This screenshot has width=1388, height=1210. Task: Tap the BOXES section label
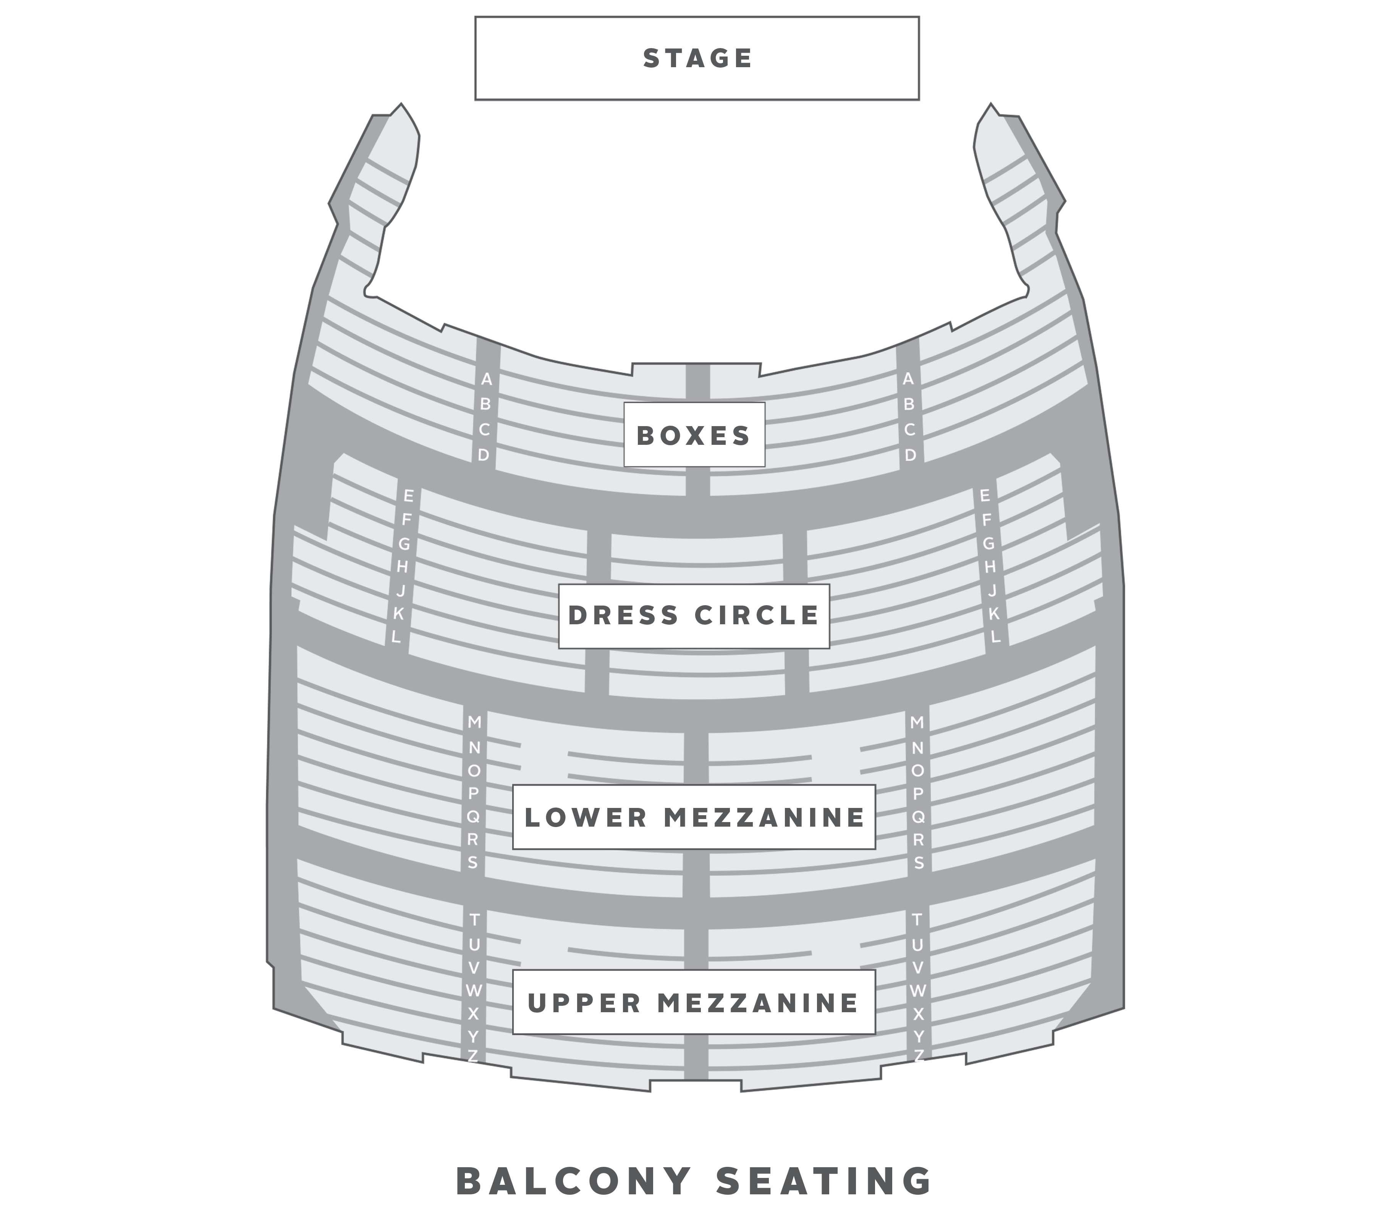(x=694, y=435)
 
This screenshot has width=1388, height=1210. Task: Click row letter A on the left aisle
(x=486, y=380)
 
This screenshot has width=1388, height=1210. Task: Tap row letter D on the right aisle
(x=911, y=455)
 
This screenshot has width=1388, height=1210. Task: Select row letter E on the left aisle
(x=408, y=496)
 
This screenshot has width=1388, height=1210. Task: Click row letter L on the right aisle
(x=996, y=636)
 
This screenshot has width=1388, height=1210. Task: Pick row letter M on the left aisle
(x=475, y=722)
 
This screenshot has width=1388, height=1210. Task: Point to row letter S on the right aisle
(x=919, y=863)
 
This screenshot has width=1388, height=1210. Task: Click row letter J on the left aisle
(x=401, y=591)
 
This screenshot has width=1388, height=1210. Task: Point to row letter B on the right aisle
(x=908, y=404)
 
